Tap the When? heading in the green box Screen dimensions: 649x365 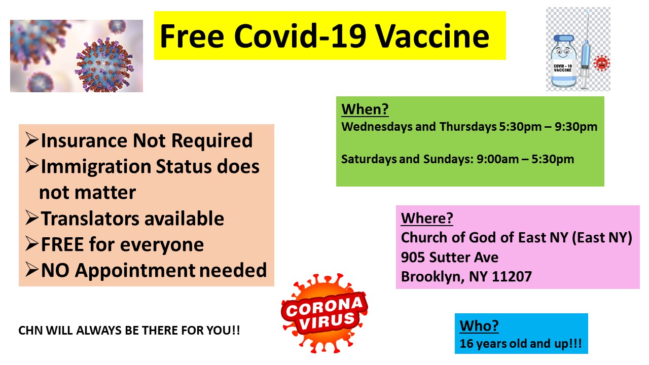point(365,109)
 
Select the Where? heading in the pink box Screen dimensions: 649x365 point(427,218)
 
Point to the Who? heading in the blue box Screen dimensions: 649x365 point(479,326)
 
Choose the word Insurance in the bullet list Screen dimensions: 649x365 point(84,140)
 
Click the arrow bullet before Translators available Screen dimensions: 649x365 point(32,218)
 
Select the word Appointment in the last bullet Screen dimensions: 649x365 point(135,271)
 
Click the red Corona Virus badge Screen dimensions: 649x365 point(324,313)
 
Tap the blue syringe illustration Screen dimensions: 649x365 point(585,49)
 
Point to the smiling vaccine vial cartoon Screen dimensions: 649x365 point(563,61)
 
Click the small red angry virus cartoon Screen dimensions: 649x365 point(602,63)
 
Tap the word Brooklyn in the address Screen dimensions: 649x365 point(433,277)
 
